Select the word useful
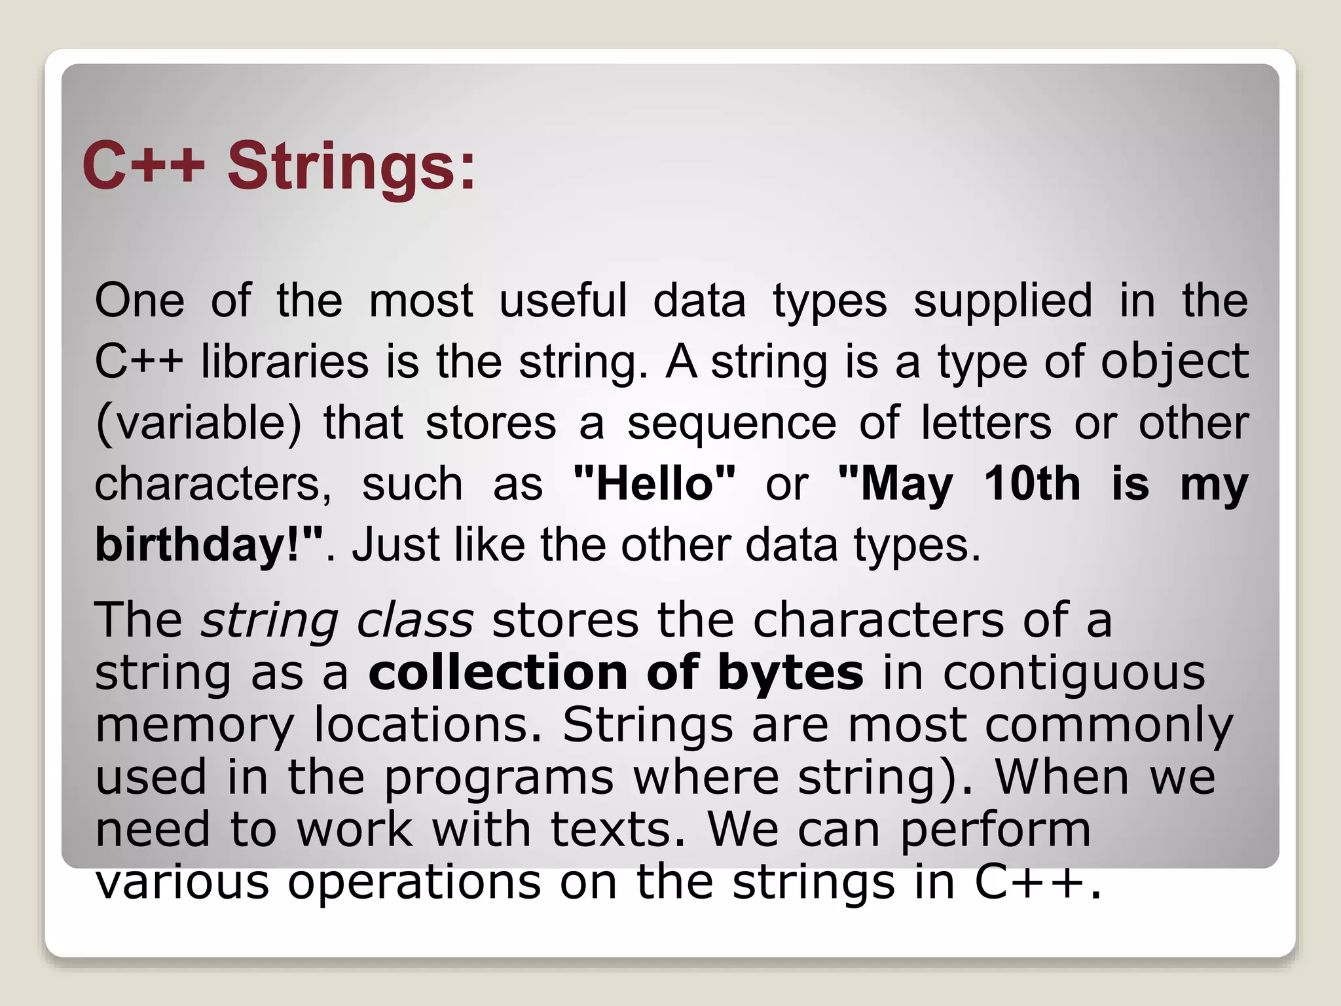pyautogui.click(x=563, y=301)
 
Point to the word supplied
pyautogui.click(x=1002, y=301)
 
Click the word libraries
pyautogui.click(x=285, y=362)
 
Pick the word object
pyautogui.click(x=1174, y=362)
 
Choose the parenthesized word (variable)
pyautogui.click(x=198, y=422)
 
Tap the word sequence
pyautogui.click(x=731, y=422)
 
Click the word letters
pyautogui.click(x=986, y=422)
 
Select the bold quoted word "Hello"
pyautogui.click(x=654, y=484)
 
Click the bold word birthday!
pyautogui.click(x=208, y=545)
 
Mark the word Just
pyautogui.click(x=394, y=545)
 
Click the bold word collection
pyautogui.click(x=498, y=672)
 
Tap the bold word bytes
pyautogui.click(x=790, y=673)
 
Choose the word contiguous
pyautogui.click(x=1074, y=673)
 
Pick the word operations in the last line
pyautogui.click(x=414, y=882)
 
